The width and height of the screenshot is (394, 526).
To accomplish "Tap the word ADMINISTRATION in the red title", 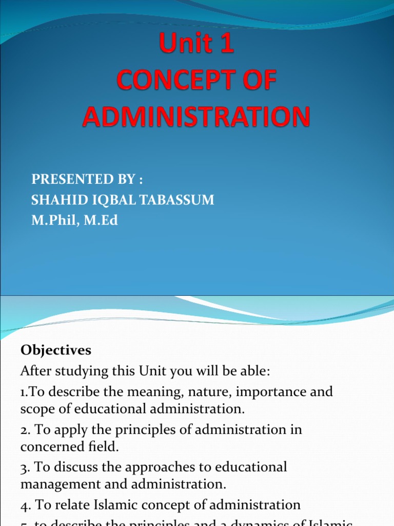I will pos(196,117).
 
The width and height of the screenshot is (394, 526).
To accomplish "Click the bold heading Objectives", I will pos(56,350).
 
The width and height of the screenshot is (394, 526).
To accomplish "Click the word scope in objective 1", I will pos(37,409).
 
